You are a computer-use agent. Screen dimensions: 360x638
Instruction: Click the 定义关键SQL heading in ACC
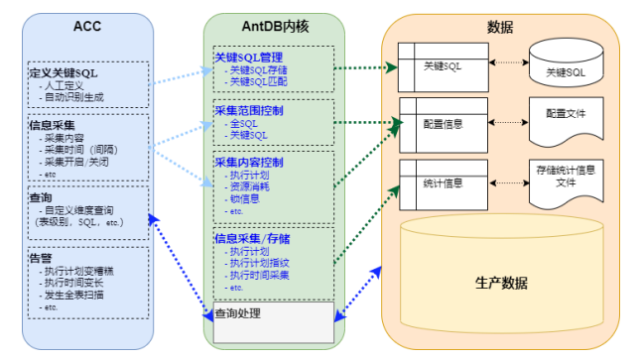64,72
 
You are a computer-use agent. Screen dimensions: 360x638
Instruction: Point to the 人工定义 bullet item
64,85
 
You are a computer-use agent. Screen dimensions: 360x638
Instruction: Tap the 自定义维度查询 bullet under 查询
84,210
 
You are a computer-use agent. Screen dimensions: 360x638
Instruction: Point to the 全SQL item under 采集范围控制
242,123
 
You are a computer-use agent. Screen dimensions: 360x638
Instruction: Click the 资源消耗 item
249,186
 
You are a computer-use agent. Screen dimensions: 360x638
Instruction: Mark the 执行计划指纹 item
258,263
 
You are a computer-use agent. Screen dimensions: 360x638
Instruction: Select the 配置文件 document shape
566,116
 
